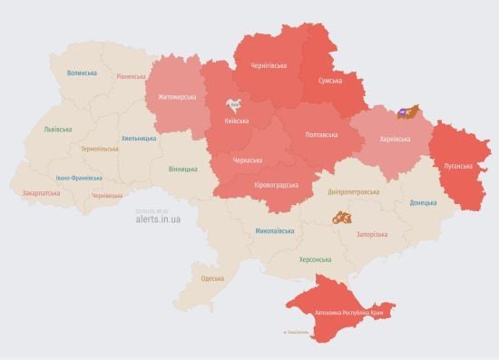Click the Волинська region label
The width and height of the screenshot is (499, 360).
82,73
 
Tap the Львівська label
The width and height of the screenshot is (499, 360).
57,130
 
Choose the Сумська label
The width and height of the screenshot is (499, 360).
329,81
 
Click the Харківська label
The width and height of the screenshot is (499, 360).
393,139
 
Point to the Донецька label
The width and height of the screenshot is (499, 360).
423,202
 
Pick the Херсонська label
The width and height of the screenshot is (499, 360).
315,259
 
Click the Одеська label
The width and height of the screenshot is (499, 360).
212,277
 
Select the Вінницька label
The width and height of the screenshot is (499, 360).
182,169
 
